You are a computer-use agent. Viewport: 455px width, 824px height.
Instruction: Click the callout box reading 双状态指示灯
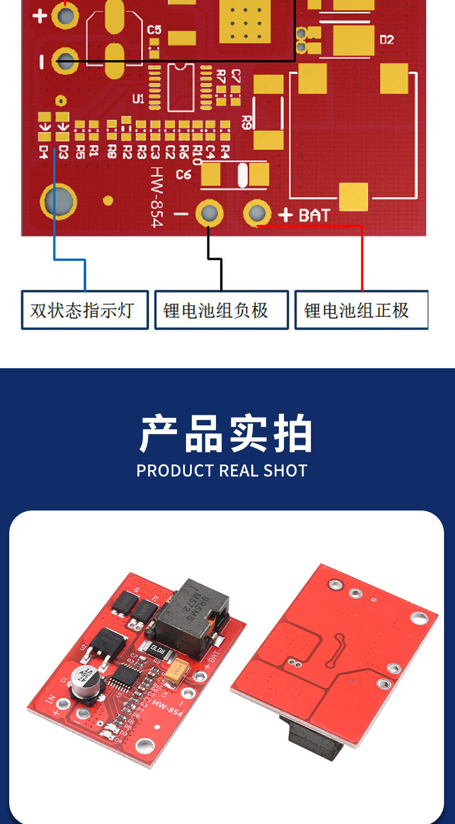pos(85,310)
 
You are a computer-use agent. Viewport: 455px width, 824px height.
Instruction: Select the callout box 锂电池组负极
pos(221,310)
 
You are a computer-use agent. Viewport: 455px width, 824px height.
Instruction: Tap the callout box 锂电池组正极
pos(361,310)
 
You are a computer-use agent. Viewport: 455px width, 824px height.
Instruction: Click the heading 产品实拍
pos(226,433)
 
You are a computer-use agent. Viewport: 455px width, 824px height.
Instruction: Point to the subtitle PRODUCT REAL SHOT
pos(222,470)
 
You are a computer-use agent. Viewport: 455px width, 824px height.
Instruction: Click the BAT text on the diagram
pos(314,216)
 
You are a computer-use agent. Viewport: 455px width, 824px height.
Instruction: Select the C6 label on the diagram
pos(183,174)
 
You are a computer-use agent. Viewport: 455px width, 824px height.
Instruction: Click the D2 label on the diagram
pos(386,40)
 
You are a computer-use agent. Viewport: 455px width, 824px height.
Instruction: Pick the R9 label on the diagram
pos(247,122)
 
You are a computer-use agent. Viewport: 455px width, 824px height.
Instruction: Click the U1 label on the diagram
pos(138,99)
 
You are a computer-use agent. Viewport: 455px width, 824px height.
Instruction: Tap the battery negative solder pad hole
pos(209,214)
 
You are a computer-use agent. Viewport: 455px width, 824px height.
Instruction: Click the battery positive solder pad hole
pos(257,214)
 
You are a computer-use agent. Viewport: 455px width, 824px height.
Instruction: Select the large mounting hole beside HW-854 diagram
pos(58,202)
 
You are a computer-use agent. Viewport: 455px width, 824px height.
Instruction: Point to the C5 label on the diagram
pos(154,29)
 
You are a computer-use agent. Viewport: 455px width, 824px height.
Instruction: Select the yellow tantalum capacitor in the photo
pos(176,669)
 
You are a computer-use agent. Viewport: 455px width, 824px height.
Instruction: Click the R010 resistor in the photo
pos(159,648)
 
